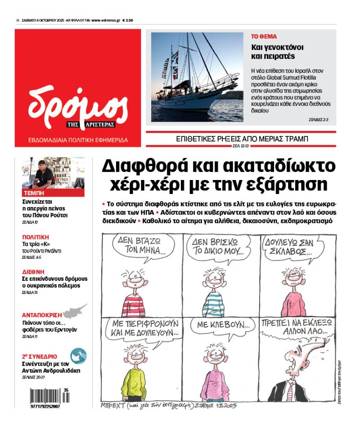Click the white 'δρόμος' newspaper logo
(x=77, y=106)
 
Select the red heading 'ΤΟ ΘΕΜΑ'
(x=264, y=37)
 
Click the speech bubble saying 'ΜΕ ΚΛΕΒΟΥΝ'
(x=217, y=324)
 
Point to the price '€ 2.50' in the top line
(x=127, y=20)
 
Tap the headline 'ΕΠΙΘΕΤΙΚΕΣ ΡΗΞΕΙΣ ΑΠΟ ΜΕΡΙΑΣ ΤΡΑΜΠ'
(x=242, y=139)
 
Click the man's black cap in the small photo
(x=42, y=163)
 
